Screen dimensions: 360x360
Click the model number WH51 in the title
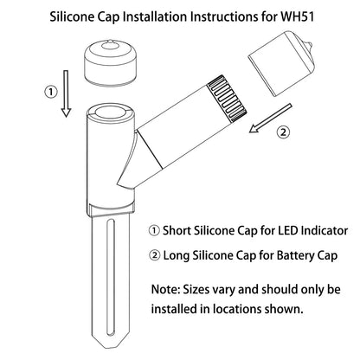pyautogui.click(x=297, y=16)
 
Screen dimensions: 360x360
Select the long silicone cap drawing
pyautogui.click(x=280, y=63)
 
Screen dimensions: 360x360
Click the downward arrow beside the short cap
pyautogui.click(x=66, y=93)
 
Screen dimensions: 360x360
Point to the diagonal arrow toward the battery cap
pyautogui.click(x=270, y=119)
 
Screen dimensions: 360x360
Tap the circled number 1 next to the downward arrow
pyautogui.click(x=51, y=93)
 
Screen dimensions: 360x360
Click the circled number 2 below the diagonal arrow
pyautogui.click(x=283, y=132)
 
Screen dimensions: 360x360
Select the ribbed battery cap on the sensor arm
pyautogui.click(x=227, y=99)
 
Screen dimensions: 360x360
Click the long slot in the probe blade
pyautogui.click(x=110, y=278)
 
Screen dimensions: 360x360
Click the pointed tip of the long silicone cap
pyautogui.click(x=311, y=45)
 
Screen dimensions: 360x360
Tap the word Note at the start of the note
pyautogui.click(x=164, y=289)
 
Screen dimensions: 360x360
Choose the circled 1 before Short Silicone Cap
pyautogui.click(x=154, y=231)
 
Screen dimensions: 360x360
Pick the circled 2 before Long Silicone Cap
pyautogui.click(x=155, y=255)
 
